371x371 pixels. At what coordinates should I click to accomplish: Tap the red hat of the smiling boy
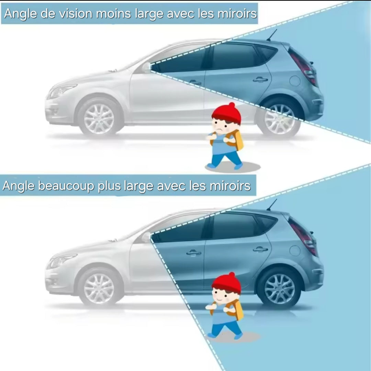(x=226, y=283)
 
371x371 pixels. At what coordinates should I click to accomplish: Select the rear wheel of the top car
(x=279, y=119)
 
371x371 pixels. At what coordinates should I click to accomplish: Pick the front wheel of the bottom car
(x=99, y=288)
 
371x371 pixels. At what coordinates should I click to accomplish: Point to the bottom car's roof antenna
(x=272, y=205)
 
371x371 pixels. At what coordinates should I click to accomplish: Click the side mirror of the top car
(x=147, y=67)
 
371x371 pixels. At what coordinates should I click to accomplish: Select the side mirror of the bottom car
(x=147, y=237)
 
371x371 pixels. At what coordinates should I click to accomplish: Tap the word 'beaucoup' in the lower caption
(x=66, y=186)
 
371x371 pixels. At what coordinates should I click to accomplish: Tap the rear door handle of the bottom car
(x=260, y=249)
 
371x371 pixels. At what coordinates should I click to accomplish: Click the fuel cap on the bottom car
(x=295, y=250)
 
